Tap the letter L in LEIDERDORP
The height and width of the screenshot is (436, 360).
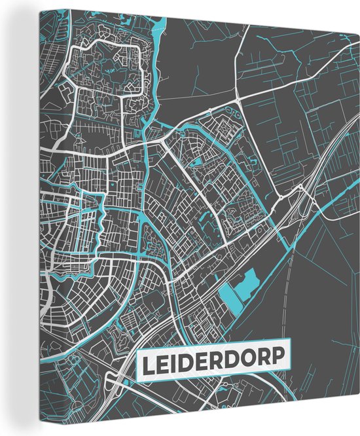coord(147,363)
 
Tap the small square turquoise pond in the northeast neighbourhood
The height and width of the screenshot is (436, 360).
coord(196,162)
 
